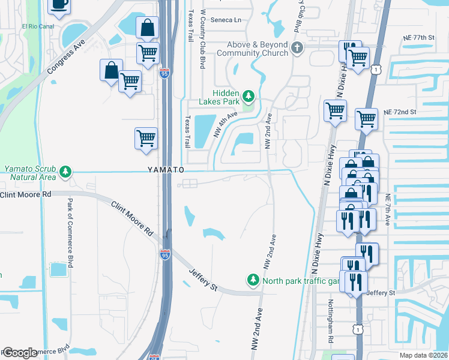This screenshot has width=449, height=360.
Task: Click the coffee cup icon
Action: tap(59, 5)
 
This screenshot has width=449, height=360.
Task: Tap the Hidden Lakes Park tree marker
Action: tap(249, 96)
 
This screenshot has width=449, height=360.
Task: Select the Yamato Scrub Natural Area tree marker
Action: tap(65, 173)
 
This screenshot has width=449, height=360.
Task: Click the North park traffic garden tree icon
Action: tap(253, 280)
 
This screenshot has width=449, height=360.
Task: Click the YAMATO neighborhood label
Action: tap(166, 170)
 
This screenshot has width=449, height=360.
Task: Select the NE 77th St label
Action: tap(418, 37)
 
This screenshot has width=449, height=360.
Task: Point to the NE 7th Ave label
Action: tap(388, 210)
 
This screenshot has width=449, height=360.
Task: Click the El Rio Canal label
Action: tap(38, 26)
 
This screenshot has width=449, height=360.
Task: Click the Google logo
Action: tap(20, 353)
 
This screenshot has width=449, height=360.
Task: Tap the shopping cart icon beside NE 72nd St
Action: tap(366, 119)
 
